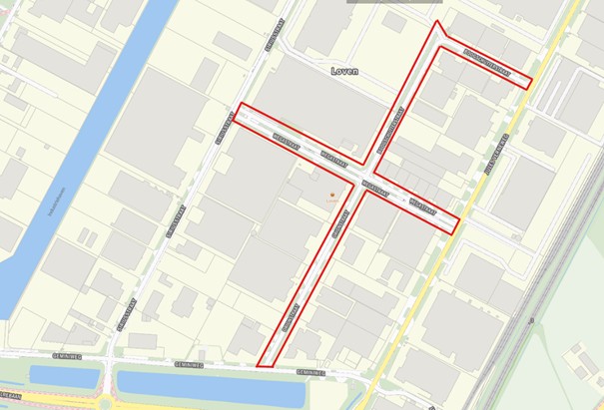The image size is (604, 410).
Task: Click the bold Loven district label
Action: (344, 72)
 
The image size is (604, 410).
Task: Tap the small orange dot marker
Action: (332, 194)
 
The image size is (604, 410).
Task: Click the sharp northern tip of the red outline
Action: (436, 23)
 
